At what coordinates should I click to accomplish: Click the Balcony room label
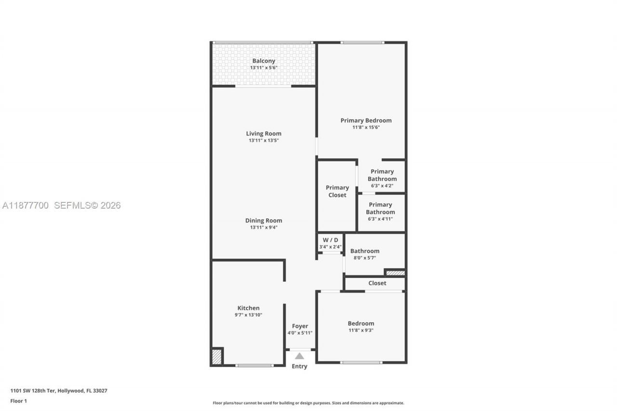(x=264, y=61)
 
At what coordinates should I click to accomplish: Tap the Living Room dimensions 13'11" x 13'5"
(x=264, y=140)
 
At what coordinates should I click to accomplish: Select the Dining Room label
(x=264, y=221)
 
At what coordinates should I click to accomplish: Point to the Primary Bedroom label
(x=366, y=120)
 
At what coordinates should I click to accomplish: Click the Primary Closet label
(x=337, y=191)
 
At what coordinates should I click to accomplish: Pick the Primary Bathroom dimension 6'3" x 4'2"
(x=382, y=186)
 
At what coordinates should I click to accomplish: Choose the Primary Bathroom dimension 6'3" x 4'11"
(x=380, y=219)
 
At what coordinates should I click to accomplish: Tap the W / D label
(x=330, y=240)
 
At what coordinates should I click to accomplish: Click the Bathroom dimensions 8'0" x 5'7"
(x=364, y=258)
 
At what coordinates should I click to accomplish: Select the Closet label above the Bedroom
(x=377, y=283)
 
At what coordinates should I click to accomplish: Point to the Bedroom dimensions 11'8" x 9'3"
(x=361, y=330)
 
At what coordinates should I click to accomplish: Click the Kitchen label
(x=248, y=308)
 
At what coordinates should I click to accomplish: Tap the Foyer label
(x=300, y=326)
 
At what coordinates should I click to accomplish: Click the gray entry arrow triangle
(x=299, y=356)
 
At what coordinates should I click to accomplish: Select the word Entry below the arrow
(x=299, y=366)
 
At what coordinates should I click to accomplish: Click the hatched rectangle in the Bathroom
(x=395, y=273)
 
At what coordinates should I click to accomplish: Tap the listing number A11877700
(x=26, y=206)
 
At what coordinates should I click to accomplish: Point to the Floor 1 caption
(x=19, y=401)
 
